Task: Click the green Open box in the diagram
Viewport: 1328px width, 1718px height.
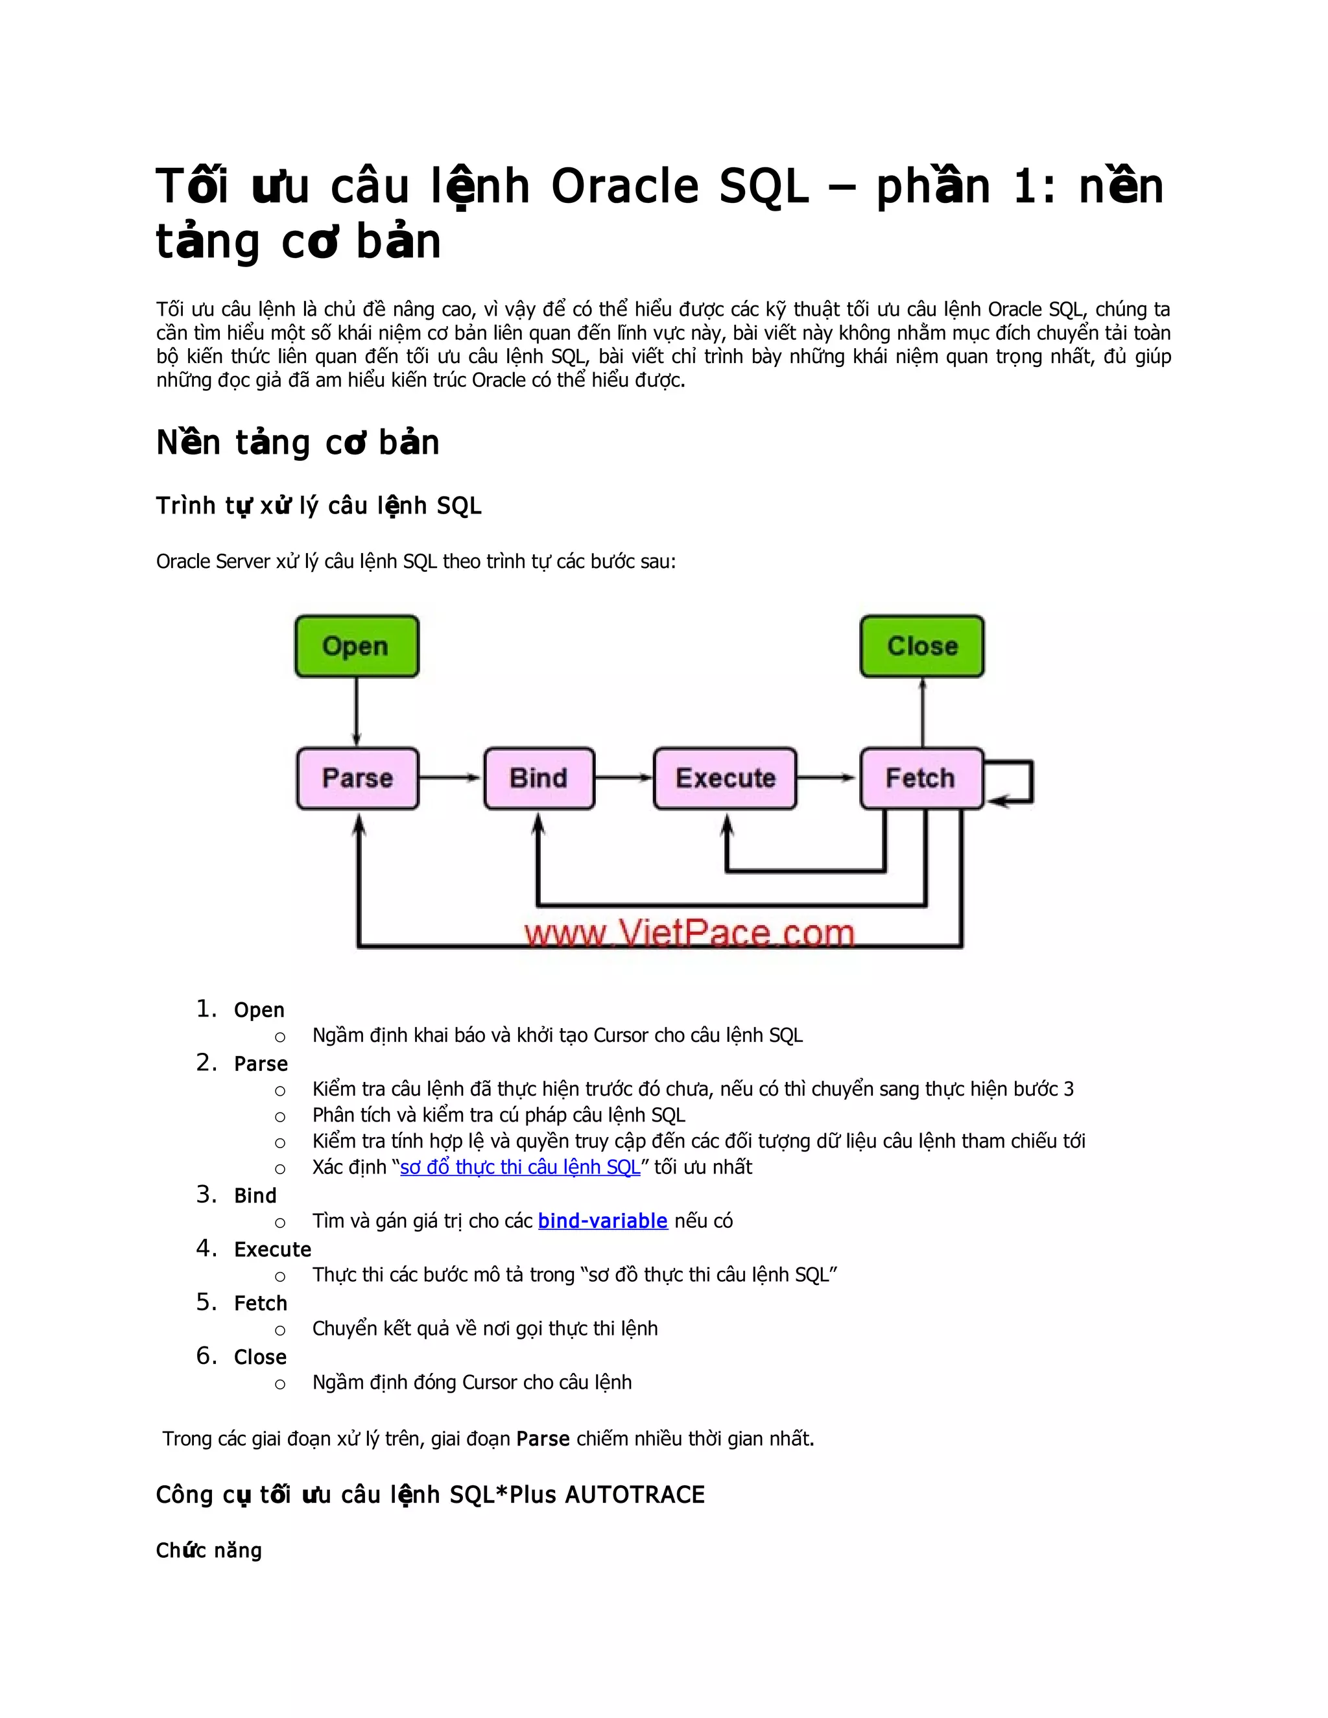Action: [357, 646]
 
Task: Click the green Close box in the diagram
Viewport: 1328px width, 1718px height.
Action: [921, 646]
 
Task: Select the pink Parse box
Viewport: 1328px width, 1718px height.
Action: [357, 778]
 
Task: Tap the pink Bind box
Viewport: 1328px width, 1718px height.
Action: [539, 778]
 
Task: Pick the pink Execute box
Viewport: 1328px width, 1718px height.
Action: [724, 778]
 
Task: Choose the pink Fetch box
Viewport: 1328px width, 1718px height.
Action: [921, 778]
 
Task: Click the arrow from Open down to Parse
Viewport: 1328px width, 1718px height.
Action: [357, 712]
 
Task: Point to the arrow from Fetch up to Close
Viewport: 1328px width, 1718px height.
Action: [922, 712]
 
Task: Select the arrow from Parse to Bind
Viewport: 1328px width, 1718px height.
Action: [450, 778]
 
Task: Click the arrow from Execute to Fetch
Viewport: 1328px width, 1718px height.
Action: [827, 778]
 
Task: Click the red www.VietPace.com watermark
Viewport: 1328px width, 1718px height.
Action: [689, 934]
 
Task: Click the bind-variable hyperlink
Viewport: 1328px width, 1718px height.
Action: [602, 1220]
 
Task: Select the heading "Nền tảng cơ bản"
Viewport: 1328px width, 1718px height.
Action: [298, 443]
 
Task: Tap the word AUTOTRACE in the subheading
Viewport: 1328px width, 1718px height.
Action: [634, 1494]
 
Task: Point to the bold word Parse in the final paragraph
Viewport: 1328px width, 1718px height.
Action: [543, 1438]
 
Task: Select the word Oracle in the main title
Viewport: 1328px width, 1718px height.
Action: [624, 187]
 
